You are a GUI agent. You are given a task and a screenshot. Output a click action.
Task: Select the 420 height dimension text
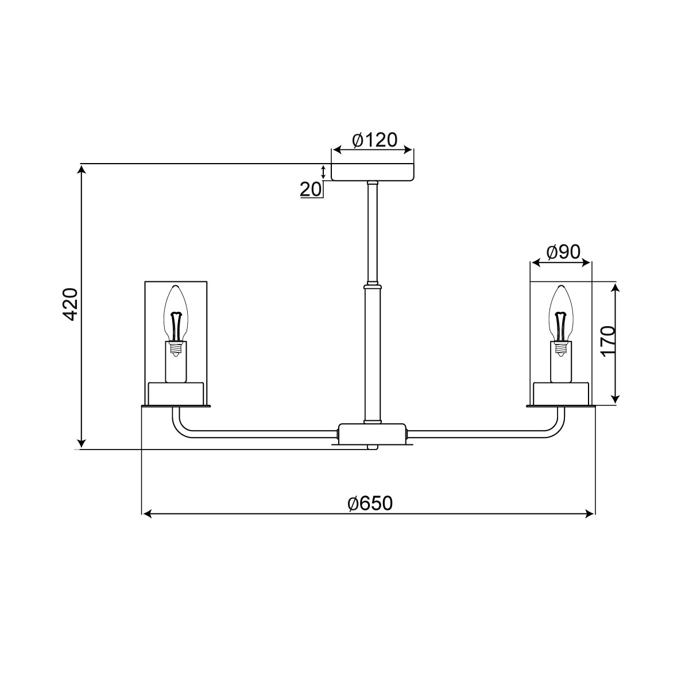coord(70,304)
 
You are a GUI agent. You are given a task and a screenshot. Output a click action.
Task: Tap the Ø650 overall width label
coord(370,504)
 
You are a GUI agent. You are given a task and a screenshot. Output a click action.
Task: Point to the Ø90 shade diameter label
coord(563,253)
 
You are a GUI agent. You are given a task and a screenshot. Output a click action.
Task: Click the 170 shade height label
coord(608,342)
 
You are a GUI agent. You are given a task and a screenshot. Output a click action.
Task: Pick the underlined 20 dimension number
coord(311,189)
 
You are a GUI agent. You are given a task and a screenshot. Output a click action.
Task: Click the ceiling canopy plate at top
coord(373,172)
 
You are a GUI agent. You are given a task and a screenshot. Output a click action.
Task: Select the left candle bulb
coord(176,314)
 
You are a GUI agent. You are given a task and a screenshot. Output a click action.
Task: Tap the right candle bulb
coord(561,314)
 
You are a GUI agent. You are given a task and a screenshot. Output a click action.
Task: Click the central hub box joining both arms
coord(373,434)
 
